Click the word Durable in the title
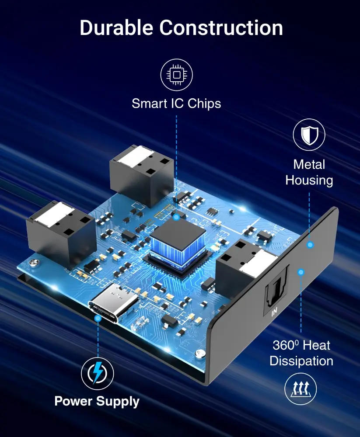pos(116,28)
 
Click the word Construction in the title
pos(221,28)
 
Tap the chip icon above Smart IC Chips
pos(176,75)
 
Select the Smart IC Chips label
pos(176,104)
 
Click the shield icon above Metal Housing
pos(309,135)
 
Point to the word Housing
pos(309,180)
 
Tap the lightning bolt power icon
pos(98,373)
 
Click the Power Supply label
pos(97,401)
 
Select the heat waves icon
pos(301,388)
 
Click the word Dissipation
pos(301,361)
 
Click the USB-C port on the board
pos(113,302)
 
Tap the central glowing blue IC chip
pos(178,245)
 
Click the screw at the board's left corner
pos(34,263)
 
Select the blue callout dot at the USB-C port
pos(98,318)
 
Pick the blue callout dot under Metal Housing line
pos(310,245)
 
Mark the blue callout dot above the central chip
pos(176,217)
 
